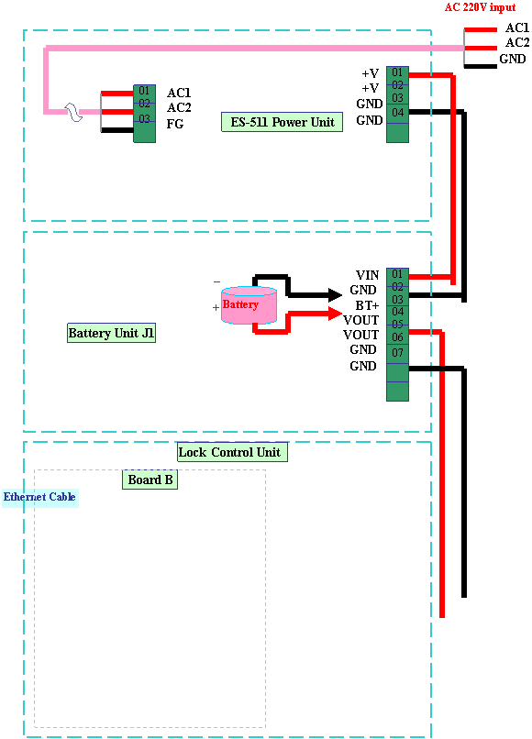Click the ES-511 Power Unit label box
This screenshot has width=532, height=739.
coord(282,122)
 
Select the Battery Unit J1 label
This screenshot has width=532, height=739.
coord(111,333)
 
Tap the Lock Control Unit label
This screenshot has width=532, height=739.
coord(232,452)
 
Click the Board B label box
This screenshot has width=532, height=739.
coord(150,480)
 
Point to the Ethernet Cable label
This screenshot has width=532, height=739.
coord(39,497)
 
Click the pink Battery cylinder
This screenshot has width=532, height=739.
coord(249,305)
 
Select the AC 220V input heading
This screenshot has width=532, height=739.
coord(480,7)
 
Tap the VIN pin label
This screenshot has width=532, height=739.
coord(367,275)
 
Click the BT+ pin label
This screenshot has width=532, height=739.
coord(367,305)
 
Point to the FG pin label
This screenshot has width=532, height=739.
coord(175,124)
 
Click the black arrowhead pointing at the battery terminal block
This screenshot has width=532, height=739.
coord(336,295)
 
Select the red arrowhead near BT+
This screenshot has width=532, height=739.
coord(336,313)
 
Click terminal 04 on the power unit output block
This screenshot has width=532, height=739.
coord(397,113)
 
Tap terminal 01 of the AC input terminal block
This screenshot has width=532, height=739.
coord(144,91)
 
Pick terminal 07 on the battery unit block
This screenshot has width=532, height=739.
coord(397,352)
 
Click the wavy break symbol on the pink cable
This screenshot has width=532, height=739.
coord(73,112)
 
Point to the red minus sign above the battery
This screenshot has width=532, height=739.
coord(217,281)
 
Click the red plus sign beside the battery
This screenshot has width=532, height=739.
coord(216,308)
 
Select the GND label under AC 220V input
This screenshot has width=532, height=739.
coord(513,59)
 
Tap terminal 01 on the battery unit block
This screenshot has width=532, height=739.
coord(397,274)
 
